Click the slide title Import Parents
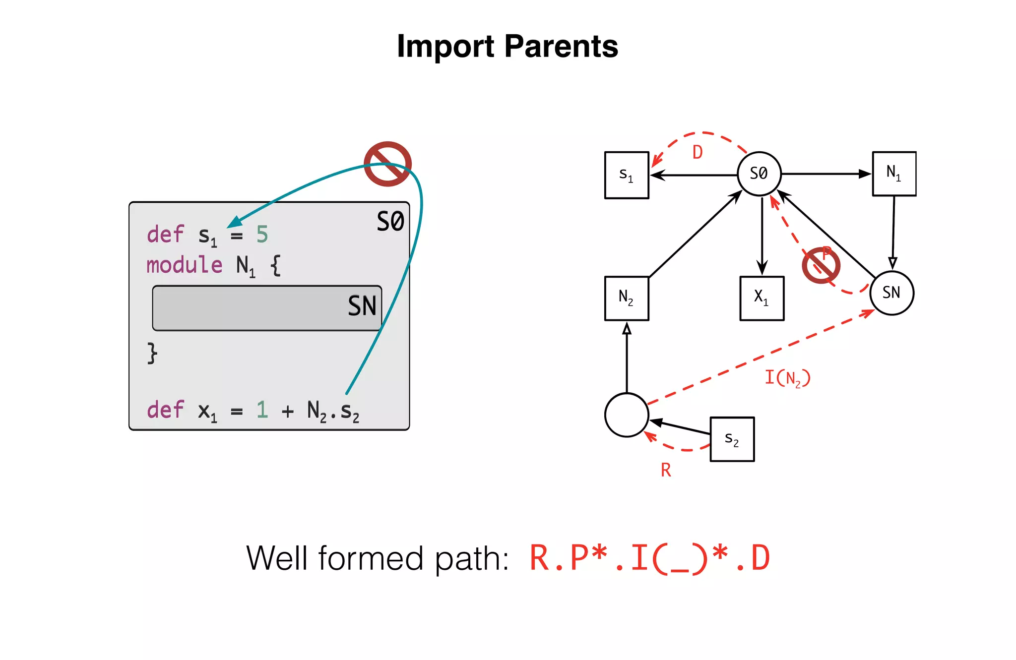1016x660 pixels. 507,46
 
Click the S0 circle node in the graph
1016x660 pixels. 759,174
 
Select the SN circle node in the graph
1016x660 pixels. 891,293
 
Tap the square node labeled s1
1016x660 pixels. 626,175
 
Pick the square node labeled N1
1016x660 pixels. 894,174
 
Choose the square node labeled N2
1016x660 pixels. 626,298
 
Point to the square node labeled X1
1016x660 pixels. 762,298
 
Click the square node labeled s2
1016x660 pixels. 732,439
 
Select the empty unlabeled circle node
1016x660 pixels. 626,415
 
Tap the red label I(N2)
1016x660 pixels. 787,378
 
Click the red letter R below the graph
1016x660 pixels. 666,470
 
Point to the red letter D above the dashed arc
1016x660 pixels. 698,152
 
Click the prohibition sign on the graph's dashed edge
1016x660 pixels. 821,265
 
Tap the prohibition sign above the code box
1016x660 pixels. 387,164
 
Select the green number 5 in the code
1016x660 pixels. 262,235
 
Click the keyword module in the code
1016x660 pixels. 184,265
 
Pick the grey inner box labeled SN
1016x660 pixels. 267,308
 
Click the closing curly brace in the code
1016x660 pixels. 152,353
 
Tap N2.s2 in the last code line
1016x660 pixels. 333,411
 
